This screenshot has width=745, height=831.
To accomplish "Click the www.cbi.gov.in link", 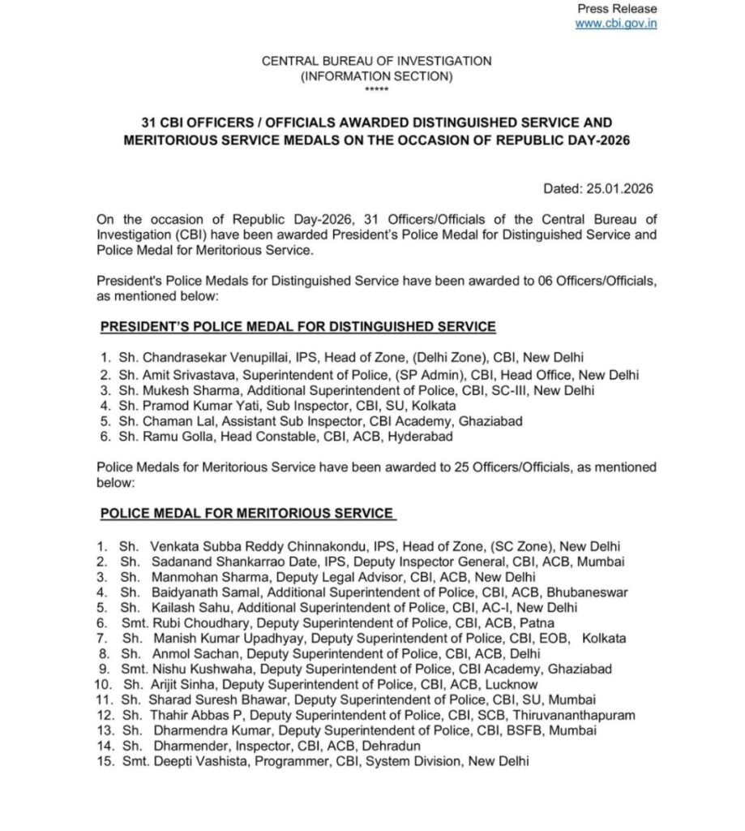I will tap(616, 23).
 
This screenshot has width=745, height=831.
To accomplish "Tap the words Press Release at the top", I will tap(617, 8).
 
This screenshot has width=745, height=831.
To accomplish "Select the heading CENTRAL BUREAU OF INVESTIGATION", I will tap(376, 61).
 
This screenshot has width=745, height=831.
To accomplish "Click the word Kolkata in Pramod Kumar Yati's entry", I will tap(436, 405).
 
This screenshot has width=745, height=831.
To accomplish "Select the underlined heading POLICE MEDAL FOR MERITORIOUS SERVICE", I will tap(246, 513).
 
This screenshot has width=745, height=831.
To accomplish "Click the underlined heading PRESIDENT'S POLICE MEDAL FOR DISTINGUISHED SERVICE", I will tap(297, 326).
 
